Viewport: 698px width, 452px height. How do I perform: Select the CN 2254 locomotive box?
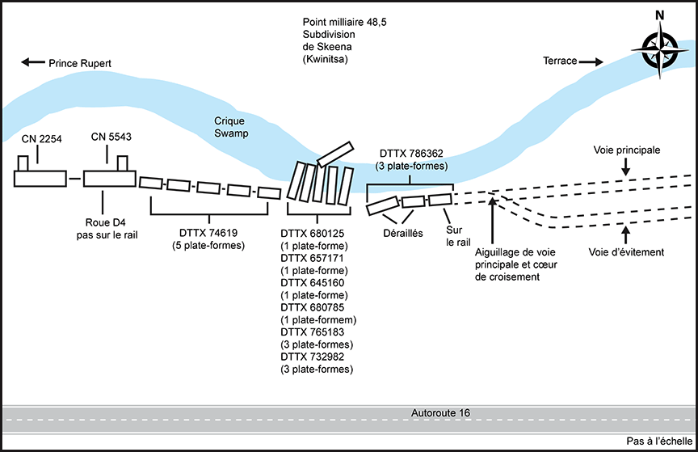[40, 178]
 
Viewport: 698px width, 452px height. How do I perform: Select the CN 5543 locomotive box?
[107, 178]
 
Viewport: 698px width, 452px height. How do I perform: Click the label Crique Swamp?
[231, 127]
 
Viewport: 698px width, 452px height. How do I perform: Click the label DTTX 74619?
[208, 233]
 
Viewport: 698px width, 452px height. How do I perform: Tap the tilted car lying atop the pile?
[335, 154]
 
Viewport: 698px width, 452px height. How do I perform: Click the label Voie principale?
[627, 150]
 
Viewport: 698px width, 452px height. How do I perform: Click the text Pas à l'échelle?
[658, 441]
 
